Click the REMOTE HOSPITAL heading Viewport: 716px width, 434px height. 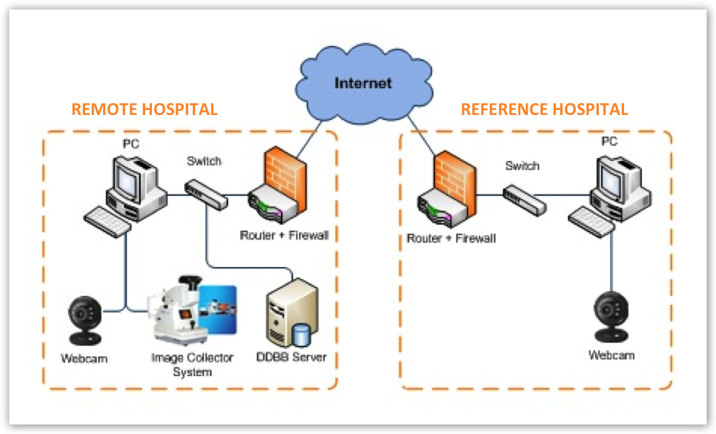click(x=144, y=110)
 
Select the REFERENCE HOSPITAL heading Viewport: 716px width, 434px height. click(x=544, y=110)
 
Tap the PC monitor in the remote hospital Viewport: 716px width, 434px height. click(x=133, y=175)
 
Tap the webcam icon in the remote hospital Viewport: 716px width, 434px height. click(x=84, y=320)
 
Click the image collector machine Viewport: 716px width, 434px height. click(x=182, y=312)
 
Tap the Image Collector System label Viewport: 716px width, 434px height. click(x=192, y=364)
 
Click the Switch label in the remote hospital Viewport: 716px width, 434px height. click(x=204, y=161)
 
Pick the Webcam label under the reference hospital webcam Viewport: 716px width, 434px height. click(x=611, y=355)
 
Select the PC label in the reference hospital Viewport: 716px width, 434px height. click(x=609, y=141)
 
